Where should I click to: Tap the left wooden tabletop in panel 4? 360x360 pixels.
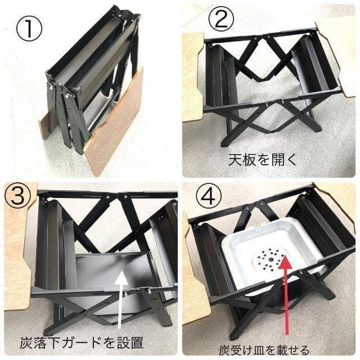click(194, 281)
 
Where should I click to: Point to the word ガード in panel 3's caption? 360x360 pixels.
click(95, 341)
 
